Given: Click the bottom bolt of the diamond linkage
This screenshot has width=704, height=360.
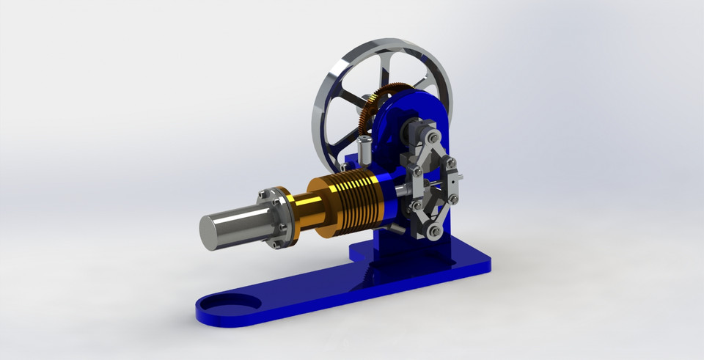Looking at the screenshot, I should [x=436, y=232].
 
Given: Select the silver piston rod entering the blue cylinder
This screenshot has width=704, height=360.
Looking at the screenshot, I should [x=400, y=188].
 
